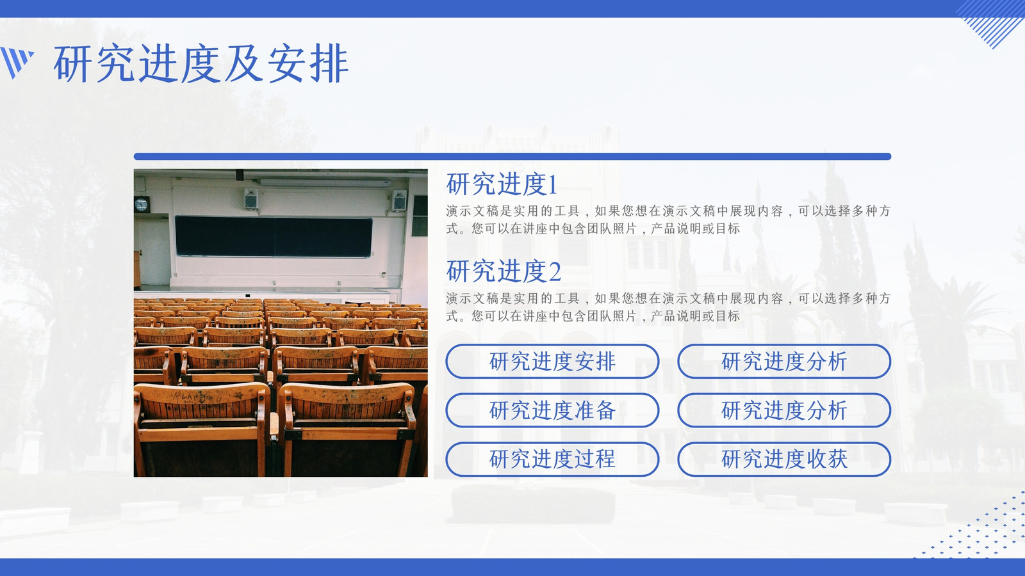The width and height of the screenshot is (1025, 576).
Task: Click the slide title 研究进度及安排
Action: click(x=201, y=63)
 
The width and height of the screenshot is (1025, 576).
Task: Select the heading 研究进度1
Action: click(x=502, y=184)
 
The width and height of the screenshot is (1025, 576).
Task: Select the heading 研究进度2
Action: click(x=504, y=271)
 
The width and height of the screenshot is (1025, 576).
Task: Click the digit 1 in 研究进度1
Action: click(x=552, y=185)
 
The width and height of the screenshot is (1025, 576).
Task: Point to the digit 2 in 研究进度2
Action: click(x=555, y=272)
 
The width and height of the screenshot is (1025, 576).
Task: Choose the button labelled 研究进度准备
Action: click(x=552, y=410)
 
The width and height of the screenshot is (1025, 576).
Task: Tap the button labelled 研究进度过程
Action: click(x=552, y=459)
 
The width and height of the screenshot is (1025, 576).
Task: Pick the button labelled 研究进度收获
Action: click(x=784, y=459)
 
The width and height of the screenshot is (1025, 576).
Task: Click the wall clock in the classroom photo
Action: click(x=142, y=204)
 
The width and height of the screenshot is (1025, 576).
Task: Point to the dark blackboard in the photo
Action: click(x=274, y=236)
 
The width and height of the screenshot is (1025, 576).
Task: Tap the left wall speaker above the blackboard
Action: click(x=250, y=198)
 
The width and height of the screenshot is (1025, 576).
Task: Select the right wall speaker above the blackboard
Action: click(x=399, y=200)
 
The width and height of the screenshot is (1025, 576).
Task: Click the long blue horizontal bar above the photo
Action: click(x=512, y=156)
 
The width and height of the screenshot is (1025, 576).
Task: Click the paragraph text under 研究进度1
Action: click(x=669, y=220)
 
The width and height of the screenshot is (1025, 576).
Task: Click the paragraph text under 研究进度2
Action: click(x=669, y=307)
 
